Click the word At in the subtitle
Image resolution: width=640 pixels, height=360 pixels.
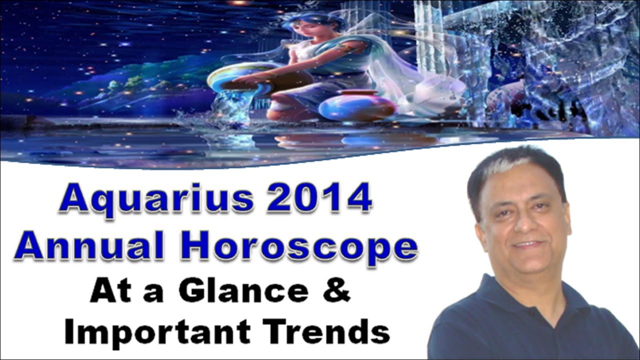[108, 292]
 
